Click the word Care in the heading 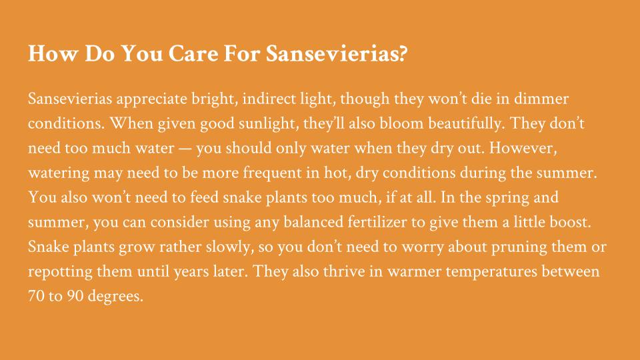click(x=193, y=53)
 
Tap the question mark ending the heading click(x=403, y=53)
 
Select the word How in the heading click(x=53, y=53)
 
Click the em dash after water click(x=185, y=149)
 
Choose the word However click(x=523, y=148)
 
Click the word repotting click(x=61, y=272)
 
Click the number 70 click(x=36, y=296)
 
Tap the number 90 click(x=75, y=296)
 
